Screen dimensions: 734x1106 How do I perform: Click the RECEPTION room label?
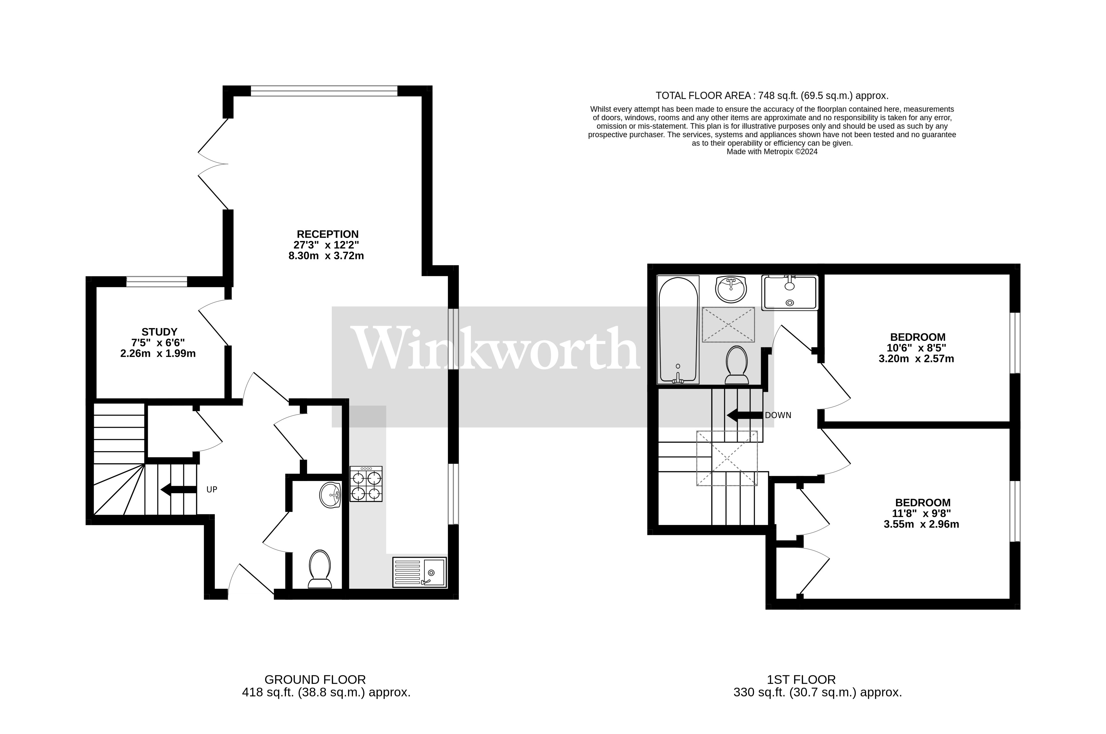point(328,234)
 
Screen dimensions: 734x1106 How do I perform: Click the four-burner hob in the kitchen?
point(366,484)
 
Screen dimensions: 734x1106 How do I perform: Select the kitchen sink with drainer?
point(419,572)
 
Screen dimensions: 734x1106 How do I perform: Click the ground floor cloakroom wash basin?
point(330,495)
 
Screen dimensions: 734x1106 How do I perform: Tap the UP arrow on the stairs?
point(178,490)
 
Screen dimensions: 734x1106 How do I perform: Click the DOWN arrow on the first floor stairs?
point(744,415)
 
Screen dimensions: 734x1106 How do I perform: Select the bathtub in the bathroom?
point(678,330)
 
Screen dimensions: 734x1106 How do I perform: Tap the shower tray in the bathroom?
point(789,292)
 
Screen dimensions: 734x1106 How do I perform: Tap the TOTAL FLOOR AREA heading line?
point(772,96)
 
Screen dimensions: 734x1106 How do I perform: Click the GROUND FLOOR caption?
point(315,680)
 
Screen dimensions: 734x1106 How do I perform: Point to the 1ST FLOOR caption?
point(801,680)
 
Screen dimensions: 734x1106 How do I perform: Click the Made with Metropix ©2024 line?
point(772,152)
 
